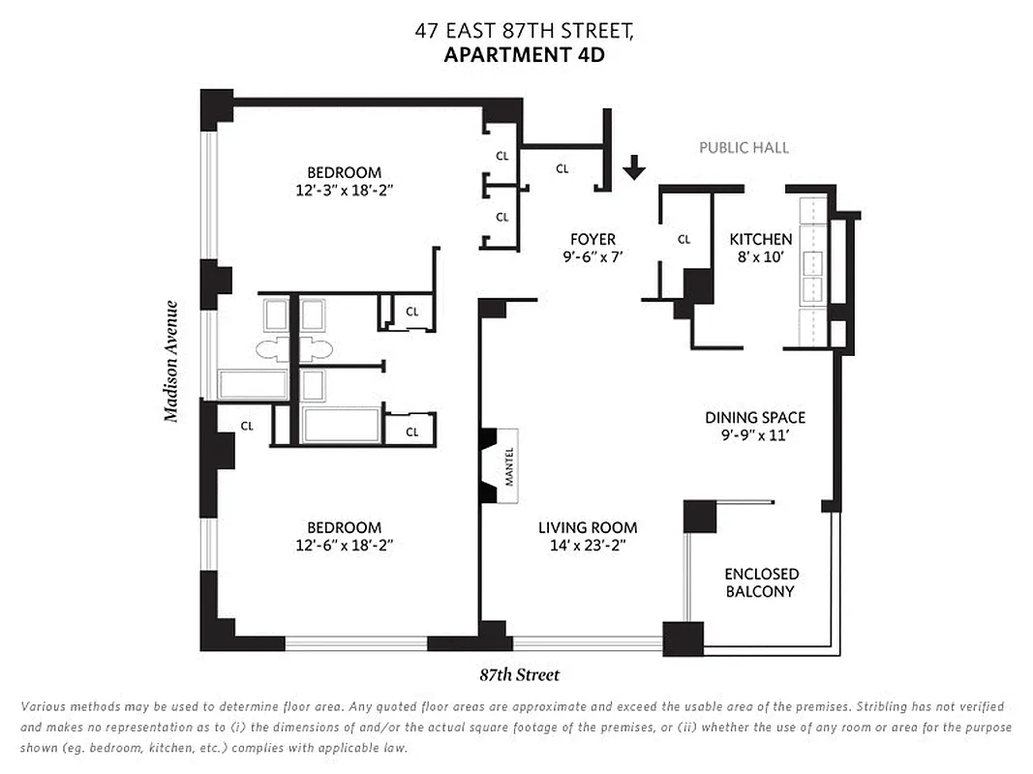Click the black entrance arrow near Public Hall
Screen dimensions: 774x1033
click(633, 167)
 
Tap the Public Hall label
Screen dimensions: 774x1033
click(744, 148)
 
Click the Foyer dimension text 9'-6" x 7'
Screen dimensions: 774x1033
click(593, 258)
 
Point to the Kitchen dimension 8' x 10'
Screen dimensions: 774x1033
click(760, 258)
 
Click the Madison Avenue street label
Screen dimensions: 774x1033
click(171, 361)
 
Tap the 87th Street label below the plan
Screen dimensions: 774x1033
click(519, 675)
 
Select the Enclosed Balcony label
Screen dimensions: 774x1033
click(761, 582)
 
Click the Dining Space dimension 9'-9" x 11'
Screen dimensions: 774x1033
click(755, 436)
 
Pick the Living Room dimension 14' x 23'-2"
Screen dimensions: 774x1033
click(588, 546)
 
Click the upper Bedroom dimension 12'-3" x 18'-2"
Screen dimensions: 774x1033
click(345, 192)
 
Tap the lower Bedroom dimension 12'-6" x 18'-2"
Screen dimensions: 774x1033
click(344, 546)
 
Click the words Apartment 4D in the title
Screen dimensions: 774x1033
click(524, 54)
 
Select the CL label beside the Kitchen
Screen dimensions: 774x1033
click(684, 239)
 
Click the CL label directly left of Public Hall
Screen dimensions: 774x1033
click(562, 168)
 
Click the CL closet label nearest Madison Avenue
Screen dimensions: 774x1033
click(247, 426)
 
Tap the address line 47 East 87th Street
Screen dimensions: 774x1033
click(524, 31)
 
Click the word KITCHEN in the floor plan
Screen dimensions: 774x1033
click(760, 239)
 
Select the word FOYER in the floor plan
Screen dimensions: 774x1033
click(593, 239)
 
